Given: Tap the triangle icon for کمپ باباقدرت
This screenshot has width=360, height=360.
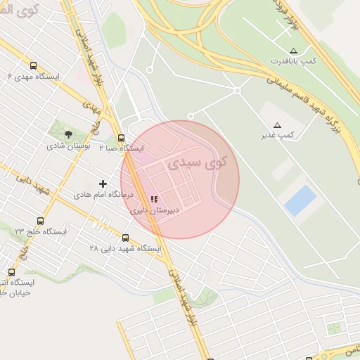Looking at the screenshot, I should [293, 51].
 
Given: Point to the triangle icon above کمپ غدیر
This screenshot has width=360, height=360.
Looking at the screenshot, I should [276, 124].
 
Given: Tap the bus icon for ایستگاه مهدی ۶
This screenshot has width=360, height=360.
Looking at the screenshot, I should [33, 65].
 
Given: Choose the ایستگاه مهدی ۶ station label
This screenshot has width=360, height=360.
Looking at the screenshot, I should [34, 76].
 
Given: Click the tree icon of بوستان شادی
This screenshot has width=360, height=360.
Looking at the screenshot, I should [68, 134].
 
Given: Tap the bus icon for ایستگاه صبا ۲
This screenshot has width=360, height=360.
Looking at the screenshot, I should [122, 138].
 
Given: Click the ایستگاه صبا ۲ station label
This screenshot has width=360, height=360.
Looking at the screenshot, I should [121, 148].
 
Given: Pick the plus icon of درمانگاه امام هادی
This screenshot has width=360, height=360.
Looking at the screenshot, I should [103, 184].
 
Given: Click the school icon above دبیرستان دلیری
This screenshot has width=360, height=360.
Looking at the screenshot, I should [154, 200].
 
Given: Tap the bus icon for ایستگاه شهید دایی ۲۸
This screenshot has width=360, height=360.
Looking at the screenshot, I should [126, 238].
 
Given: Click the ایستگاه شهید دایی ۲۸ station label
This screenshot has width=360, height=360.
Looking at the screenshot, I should [125, 249].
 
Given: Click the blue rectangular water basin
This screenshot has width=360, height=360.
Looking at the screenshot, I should [300, 200].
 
